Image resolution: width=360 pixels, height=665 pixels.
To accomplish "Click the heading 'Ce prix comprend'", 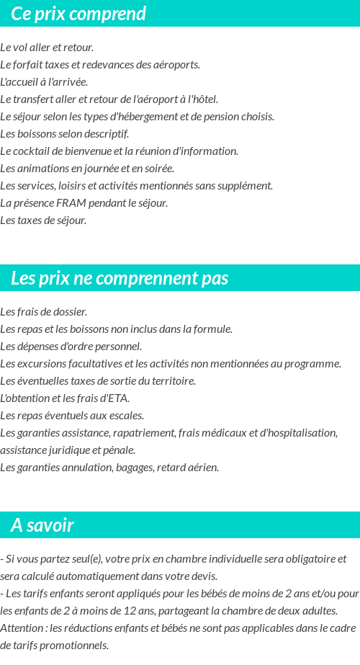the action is coord(78,14).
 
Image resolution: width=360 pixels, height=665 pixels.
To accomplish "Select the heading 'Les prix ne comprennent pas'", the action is coord(120,278).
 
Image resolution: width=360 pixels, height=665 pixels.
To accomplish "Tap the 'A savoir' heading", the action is coord(42,525).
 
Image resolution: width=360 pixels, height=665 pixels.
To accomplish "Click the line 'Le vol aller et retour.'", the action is coord(47,48).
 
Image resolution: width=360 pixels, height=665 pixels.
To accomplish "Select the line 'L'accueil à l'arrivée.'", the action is coord(44,82).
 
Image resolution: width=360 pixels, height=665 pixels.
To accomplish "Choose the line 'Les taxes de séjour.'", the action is coord(43,220).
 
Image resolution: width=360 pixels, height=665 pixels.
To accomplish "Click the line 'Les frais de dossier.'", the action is coord(44,312).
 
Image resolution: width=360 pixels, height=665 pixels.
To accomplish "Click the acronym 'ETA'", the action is coord(117,398).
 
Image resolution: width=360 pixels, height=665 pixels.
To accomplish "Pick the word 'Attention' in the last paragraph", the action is coord(22,628).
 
